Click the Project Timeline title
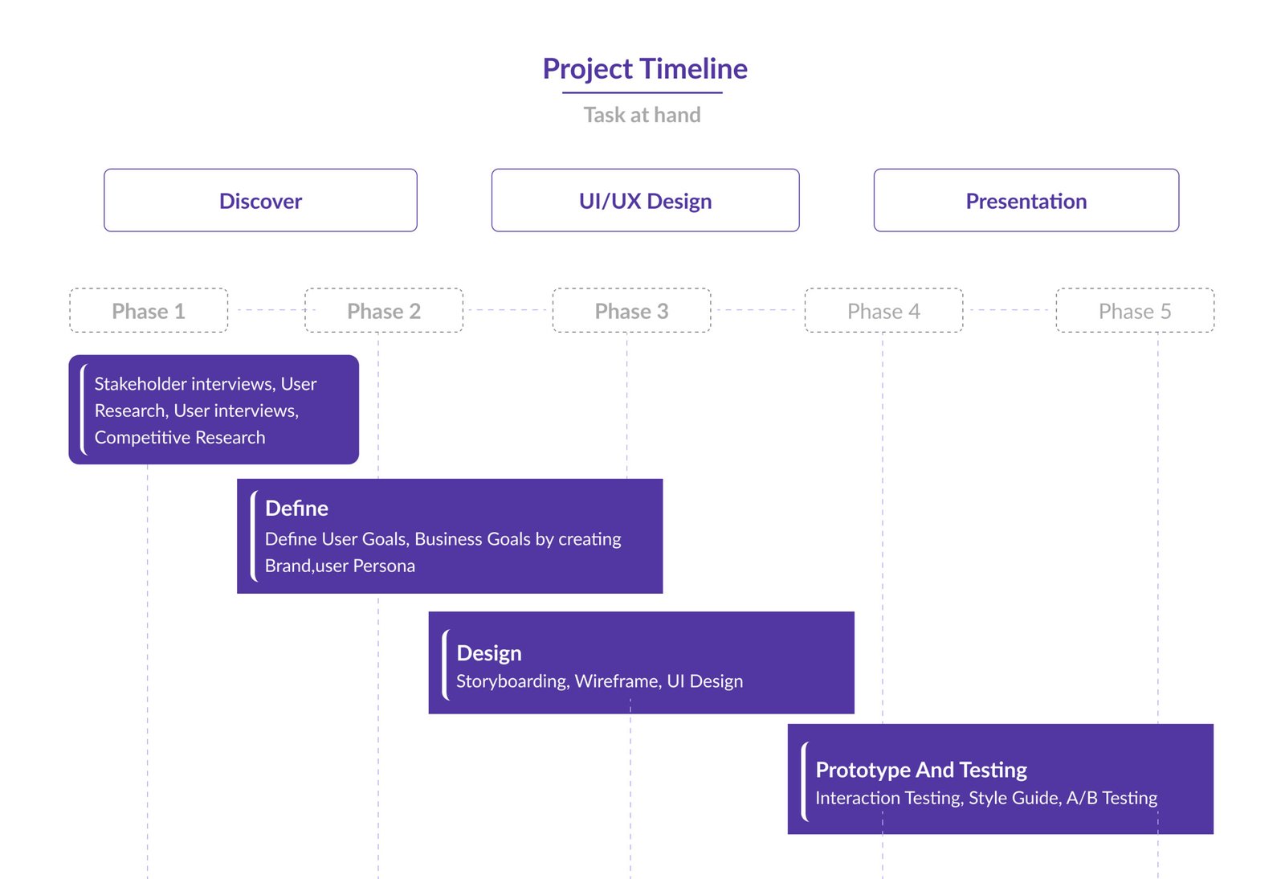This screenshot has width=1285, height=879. [645, 69]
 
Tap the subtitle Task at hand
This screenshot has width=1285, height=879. [642, 115]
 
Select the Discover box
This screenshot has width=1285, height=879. [260, 200]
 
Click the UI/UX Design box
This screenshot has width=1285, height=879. [646, 200]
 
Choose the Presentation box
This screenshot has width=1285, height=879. [1026, 200]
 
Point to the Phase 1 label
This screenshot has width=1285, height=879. [149, 311]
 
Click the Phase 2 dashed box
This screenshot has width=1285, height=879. [384, 310]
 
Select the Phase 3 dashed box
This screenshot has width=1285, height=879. [631, 310]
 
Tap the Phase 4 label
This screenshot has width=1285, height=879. [883, 311]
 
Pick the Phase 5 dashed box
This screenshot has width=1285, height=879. [1135, 310]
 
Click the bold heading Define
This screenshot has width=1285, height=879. [296, 509]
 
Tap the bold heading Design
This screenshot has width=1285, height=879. [489, 653]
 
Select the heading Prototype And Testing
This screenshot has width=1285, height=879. [921, 770]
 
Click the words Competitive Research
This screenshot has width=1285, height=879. [180, 437]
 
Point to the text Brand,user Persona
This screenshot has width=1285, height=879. [340, 566]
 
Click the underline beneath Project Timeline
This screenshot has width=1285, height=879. [642, 92]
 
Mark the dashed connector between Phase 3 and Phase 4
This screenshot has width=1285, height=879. [757, 310]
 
